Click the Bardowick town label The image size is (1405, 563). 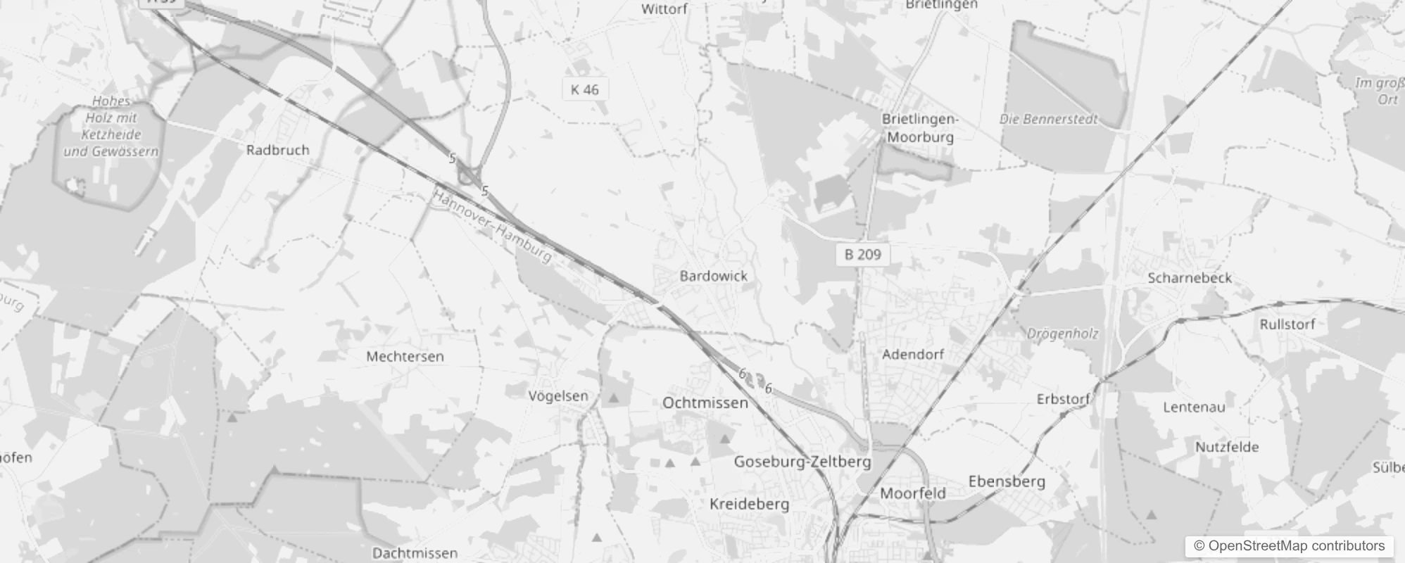click(713, 276)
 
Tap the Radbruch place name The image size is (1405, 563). click(277, 150)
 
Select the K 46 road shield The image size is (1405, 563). click(585, 89)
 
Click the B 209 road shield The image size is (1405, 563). click(863, 254)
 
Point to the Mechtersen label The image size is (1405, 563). click(405, 356)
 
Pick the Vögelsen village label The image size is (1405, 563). click(558, 396)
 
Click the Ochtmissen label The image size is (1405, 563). click(705, 403)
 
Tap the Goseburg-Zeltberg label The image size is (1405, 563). click(802, 462)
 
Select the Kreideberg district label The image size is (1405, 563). click(749, 504)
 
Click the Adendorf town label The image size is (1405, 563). click(912, 354)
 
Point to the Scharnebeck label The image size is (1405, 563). click(1190, 278)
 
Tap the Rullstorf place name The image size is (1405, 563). click(1287, 324)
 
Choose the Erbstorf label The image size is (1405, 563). click(1063, 399)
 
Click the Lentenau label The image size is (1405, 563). click(1194, 407)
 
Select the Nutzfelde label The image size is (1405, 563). click(1227, 447)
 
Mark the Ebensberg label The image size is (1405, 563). click(1007, 481)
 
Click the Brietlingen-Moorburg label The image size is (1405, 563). click(919, 128)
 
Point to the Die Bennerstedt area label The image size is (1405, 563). click(1048, 119)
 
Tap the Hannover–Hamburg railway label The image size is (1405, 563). click(492, 227)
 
